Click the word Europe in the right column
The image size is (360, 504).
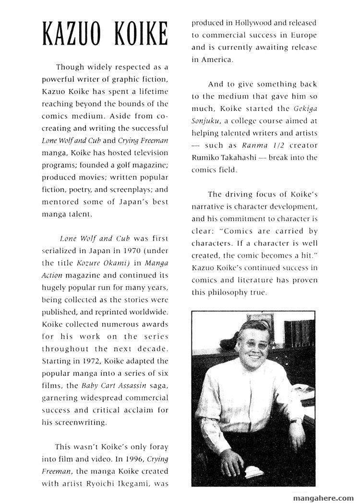[304, 35]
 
